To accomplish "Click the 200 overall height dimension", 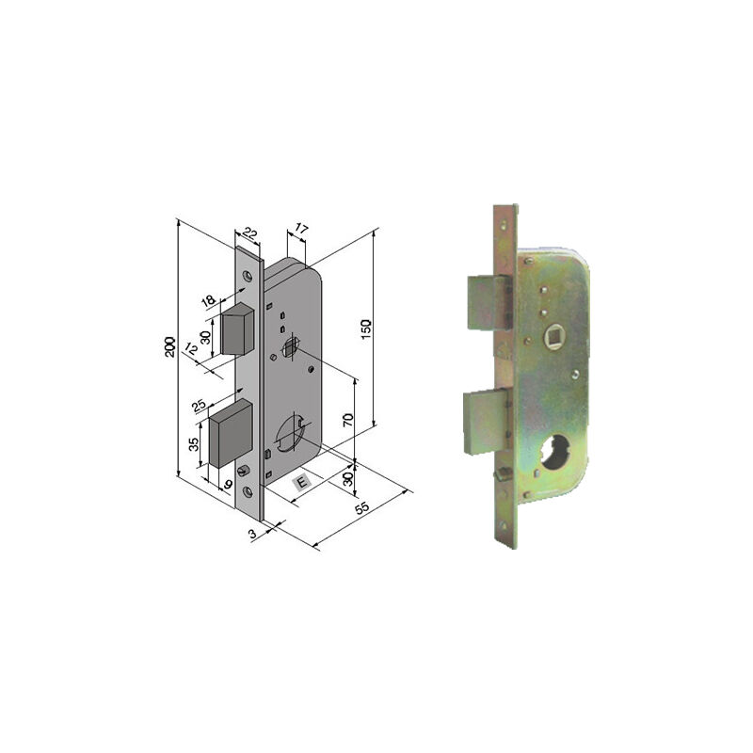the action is click(169, 346).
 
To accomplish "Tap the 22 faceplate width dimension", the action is click(249, 233).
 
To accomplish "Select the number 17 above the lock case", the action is click(299, 229).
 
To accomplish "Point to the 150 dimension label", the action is click(366, 328).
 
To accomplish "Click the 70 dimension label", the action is click(348, 420).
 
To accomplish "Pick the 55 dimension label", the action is click(362, 508).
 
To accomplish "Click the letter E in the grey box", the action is click(302, 482).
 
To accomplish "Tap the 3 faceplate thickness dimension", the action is click(251, 534).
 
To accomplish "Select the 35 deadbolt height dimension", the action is click(194, 444).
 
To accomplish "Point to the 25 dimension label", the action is click(200, 406).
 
